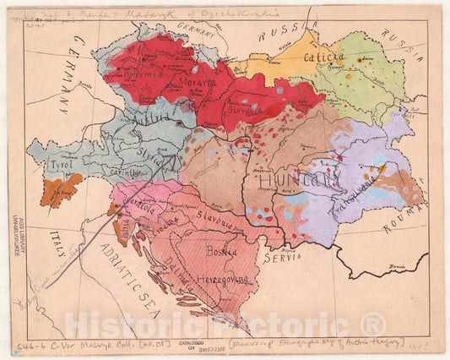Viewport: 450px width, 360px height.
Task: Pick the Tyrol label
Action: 57,165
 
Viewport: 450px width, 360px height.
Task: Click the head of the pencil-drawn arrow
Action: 173,158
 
